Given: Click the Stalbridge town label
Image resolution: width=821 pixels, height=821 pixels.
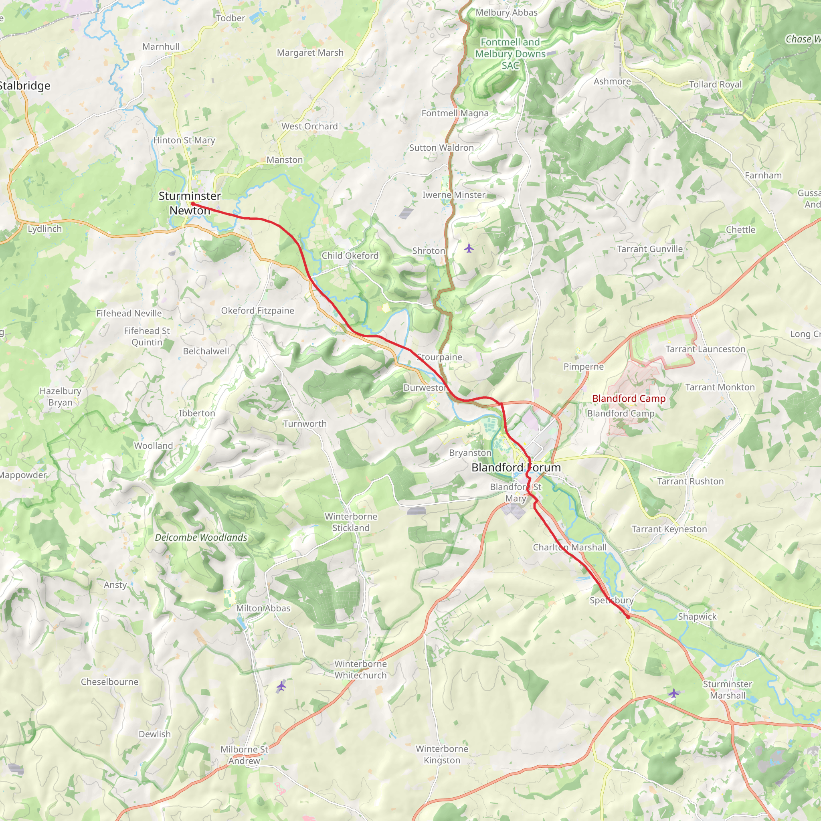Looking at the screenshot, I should pyautogui.click(x=24, y=86).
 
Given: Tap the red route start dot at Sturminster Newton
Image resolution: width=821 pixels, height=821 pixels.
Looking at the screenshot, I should pyautogui.click(x=192, y=204).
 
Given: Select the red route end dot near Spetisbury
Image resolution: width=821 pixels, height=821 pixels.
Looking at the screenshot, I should pyautogui.click(x=628, y=617).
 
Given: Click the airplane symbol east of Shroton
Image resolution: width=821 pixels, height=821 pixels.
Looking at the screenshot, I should pyautogui.click(x=469, y=248).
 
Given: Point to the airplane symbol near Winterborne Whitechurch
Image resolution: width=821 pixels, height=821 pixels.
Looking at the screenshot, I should pyautogui.click(x=281, y=686).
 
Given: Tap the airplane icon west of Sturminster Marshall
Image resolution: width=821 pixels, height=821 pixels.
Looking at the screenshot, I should pyautogui.click(x=673, y=694).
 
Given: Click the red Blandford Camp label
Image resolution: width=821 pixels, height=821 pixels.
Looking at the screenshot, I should pyautogui.click(x=629, y=398).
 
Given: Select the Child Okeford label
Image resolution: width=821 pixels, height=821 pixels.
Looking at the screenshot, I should pyautogui.click(x=350, y=255).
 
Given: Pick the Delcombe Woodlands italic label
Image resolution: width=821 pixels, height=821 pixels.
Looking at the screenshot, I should pyautogui.click(x=201, y=537).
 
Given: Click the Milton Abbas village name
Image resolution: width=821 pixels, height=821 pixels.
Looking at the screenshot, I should pyautogui.click(x=263, y=608).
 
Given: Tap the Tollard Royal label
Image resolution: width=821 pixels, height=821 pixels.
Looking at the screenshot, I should pyautogui.click(x=715, y=84).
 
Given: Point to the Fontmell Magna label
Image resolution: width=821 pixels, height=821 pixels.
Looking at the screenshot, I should pyautogui.click(x=455, y=113).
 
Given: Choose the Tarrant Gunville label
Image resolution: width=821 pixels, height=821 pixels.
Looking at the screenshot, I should pyautogui.click(x=650, y=249).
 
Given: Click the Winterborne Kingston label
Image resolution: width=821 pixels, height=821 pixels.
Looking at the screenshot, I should pyautogui.click(x=442, y=754).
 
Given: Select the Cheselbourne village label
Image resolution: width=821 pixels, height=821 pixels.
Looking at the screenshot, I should pyautogui.click(x=109, y=681).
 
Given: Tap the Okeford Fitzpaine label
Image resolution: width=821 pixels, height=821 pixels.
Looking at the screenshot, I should pyautogui.click(x=257, y=311).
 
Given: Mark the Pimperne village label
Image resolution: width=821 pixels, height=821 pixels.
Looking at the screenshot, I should pyautogui.click(x=583, y=366).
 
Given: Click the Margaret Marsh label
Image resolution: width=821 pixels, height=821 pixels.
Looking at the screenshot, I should pyautogui.click(x=310, y=53).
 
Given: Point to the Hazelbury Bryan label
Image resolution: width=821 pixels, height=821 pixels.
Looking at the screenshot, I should pyautogui.click(x=61, y=396).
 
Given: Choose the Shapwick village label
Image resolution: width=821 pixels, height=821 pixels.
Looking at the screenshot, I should pyautogui.click(x=697, y=616).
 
